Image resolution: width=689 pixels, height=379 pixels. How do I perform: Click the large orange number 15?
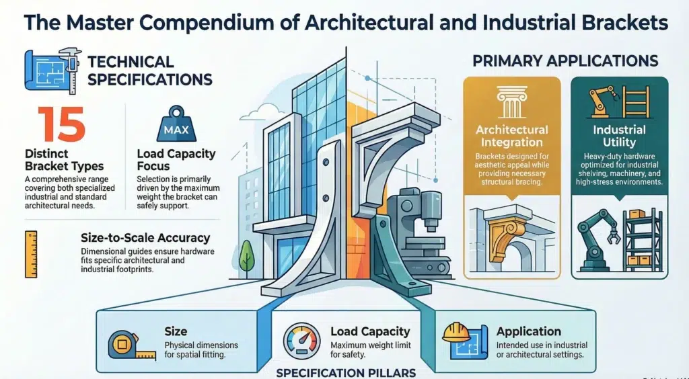tap(61, 124)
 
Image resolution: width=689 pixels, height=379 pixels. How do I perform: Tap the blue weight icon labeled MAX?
tap(176, 124)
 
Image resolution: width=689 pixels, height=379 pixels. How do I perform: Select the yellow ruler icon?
tap(31, 255)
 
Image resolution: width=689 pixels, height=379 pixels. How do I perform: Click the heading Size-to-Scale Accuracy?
tap(145, 238)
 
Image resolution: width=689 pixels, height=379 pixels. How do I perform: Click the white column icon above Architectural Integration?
tap(512, 102)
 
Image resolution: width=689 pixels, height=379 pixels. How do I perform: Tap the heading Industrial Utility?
tap(619, 136)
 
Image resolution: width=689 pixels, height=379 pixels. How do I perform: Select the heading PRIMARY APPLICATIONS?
tap(565, 61)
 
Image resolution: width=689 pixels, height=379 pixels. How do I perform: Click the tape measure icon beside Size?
tap(132, 345)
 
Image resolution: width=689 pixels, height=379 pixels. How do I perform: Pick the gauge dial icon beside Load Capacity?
tap(302, 341)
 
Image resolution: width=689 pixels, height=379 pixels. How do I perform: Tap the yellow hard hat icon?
tap(456, 333)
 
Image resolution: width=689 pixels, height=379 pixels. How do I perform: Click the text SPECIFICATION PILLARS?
tap(346, 373)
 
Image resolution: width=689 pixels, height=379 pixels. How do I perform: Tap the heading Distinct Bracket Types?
tap(64, 160)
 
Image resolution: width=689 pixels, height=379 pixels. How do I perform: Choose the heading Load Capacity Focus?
tap(176, 160)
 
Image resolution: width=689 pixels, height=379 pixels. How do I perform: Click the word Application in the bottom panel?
tap(529, 332)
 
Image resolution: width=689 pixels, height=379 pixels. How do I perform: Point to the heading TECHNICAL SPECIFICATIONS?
tap(150, 71)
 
